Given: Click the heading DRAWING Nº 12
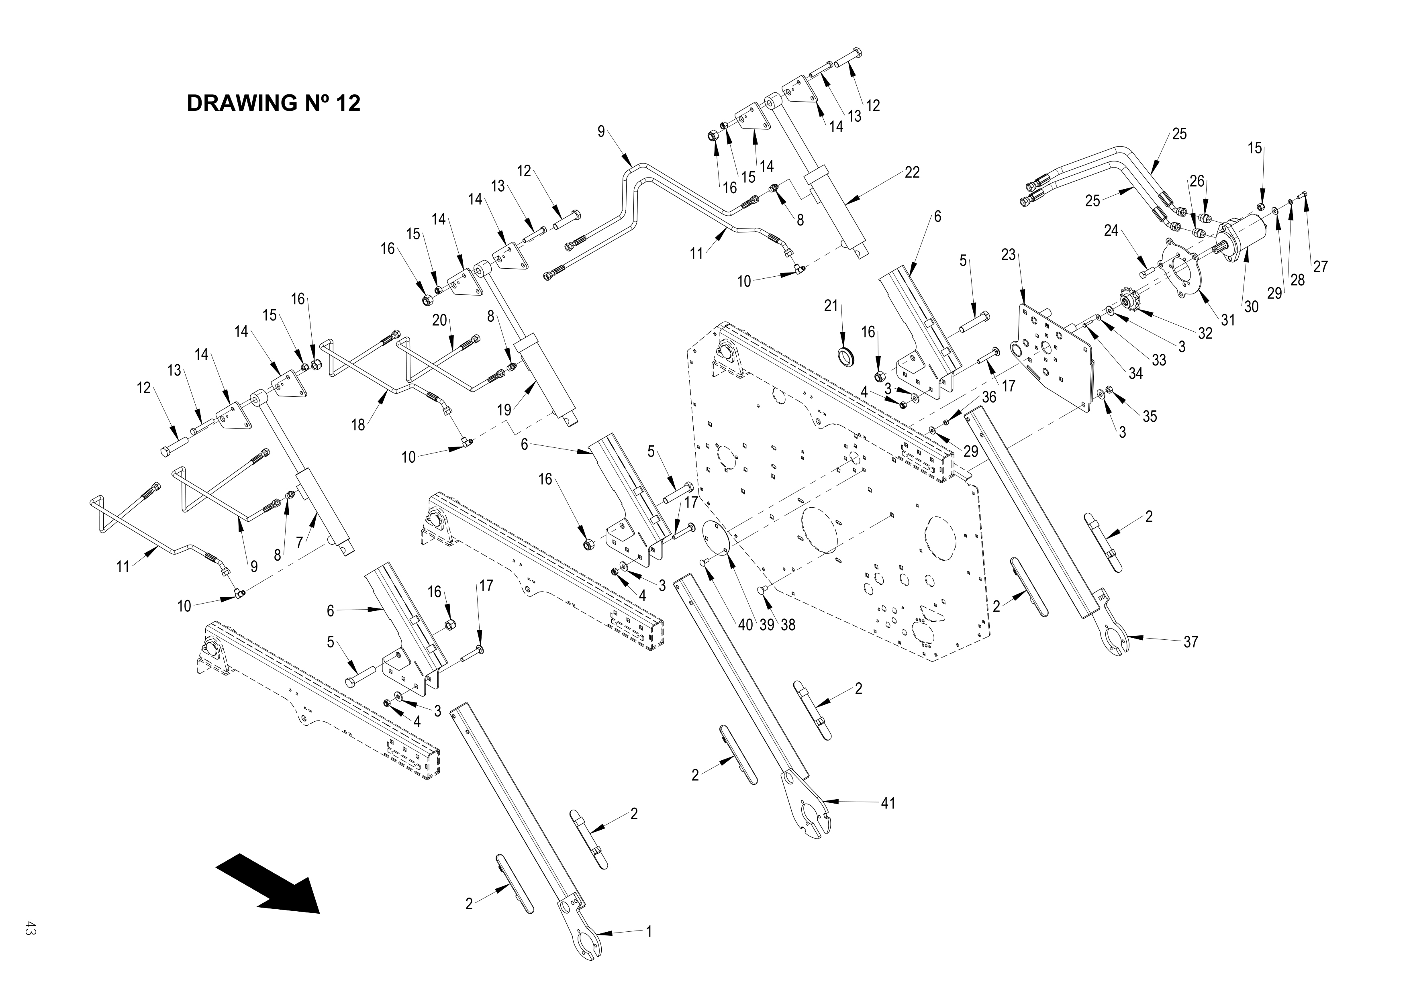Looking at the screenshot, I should click(273, 103).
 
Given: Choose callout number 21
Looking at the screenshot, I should click(831, 306).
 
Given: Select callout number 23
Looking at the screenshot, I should click(1008, 255).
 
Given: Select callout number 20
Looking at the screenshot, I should click(439, 320).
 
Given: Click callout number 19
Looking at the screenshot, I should click(504, 410).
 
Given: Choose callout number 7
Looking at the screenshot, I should click(300, 543).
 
